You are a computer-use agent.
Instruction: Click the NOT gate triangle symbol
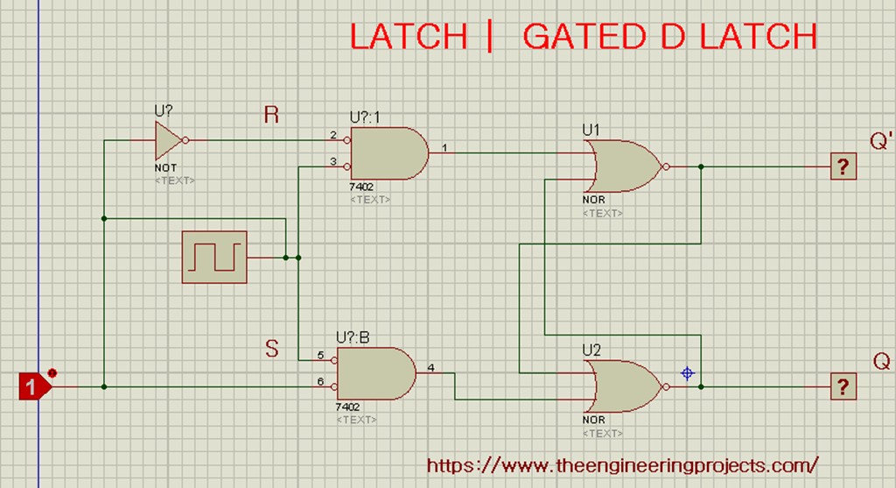click(x=167, y=138)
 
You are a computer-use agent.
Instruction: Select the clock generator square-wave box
click(x=214, y=258)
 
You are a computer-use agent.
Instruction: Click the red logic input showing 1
click(x=32, y=386)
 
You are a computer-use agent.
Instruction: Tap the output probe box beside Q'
click(x=843, y=166)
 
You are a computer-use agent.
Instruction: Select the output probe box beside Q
click(x=843, y=385)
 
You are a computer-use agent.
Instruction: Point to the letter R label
click(x=271, y=115)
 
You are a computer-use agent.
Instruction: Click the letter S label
click(x=272, y=349)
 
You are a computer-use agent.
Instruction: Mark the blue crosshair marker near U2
click(x=688, y=373)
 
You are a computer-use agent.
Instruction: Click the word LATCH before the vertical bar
click(x=409, y=37)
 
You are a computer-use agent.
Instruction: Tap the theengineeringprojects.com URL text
click(x=623, y=464)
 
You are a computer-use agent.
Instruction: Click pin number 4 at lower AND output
click(x=431, y=366)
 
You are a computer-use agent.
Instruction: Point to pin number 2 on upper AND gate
click(x=333, y=135)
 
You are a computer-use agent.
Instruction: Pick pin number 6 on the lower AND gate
click(x=320, y=381)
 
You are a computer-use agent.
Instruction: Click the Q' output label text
click(x=881, y=141)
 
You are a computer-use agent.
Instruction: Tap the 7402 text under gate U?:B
click(x=348, y=407)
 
